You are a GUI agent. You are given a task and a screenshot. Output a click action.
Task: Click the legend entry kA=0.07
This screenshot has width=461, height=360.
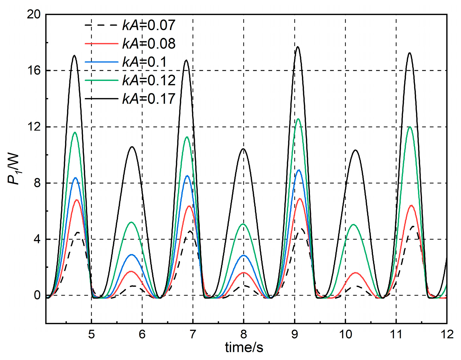click(x=149, y=25)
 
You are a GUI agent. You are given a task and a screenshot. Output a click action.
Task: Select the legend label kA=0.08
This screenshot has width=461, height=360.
click(x=149, y=44)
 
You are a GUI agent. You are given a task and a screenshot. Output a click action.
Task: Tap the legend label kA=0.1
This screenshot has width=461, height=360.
click(x=144, y=62)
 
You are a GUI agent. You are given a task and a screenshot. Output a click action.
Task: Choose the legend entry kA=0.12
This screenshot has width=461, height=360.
click(x=149, y=80)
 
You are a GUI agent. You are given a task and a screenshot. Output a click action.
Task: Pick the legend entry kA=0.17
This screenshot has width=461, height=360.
click(x=149, y=99)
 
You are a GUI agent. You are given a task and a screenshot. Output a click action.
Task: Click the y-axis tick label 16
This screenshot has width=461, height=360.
click(x=33, y=70)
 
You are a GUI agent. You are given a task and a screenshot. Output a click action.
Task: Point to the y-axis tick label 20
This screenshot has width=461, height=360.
click(x=33, y=14)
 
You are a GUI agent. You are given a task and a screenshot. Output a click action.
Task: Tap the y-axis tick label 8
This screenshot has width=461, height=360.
click(x=37, y=183)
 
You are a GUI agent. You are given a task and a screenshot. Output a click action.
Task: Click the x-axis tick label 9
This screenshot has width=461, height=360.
click(x=294, y=335)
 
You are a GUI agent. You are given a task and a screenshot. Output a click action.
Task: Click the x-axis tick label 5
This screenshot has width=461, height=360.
click(x=91, y=335)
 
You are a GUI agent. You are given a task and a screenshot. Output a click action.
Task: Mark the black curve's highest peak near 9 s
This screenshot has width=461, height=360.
click(x=298, y=47)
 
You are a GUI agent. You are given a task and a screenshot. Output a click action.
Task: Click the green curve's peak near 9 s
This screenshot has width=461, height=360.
click(x=298, y=119)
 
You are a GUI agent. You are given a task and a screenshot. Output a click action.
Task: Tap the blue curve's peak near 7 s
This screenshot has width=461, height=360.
click(x=188, y=176)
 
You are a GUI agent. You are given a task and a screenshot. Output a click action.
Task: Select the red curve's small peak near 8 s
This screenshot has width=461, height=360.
click(x=244, y=273)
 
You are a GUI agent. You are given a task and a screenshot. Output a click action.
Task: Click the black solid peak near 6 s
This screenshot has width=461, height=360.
click(x=132, y=147)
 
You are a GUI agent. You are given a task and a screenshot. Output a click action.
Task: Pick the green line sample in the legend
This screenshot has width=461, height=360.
click(x=101, y=80)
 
